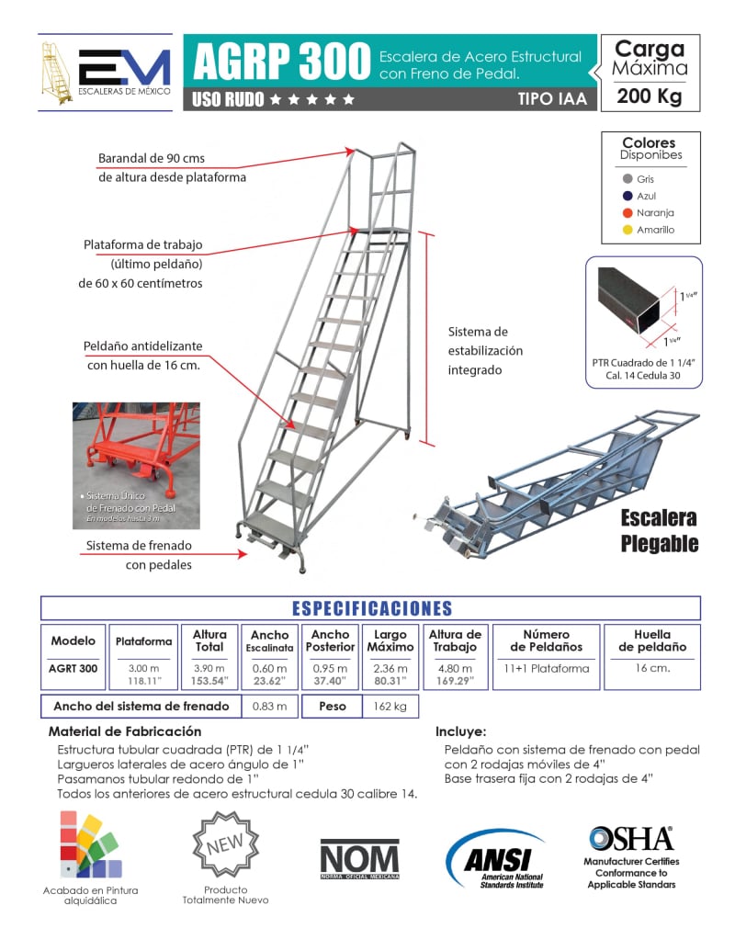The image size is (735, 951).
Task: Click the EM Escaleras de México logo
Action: tap(105, 72)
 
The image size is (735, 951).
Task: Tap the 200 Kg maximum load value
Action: tap(650, 96)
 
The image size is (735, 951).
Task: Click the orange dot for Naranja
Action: tap(628, 213)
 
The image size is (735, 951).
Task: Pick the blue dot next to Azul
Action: tap(628, 197)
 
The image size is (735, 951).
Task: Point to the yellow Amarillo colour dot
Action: tap(628, 230)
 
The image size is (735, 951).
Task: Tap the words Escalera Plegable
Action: tap(659, 530)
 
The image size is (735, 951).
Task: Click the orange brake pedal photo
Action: tap(136, 465)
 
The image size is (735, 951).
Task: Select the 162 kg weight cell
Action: tap(388, 707)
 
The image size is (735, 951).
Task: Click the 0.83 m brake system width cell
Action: tap(269, 707)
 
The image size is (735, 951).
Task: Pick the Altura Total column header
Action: tap(209, 640)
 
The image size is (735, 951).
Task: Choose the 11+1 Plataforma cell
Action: tap(546, 669)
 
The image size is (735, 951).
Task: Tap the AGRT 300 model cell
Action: tap(73, 669)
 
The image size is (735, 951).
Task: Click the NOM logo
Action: tap(359, 860)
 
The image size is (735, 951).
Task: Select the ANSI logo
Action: tap(496, 860)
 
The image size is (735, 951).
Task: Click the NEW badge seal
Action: tap(226, 843)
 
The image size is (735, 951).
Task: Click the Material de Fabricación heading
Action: tap(124, 731)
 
